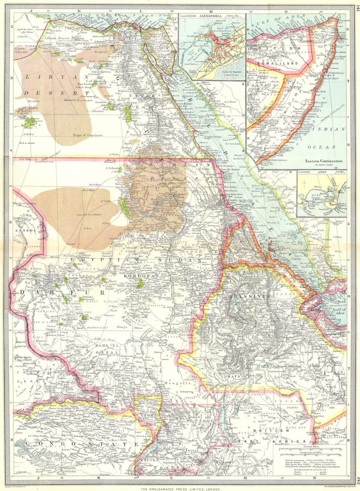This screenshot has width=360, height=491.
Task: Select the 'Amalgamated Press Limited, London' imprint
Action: (179, 489)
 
